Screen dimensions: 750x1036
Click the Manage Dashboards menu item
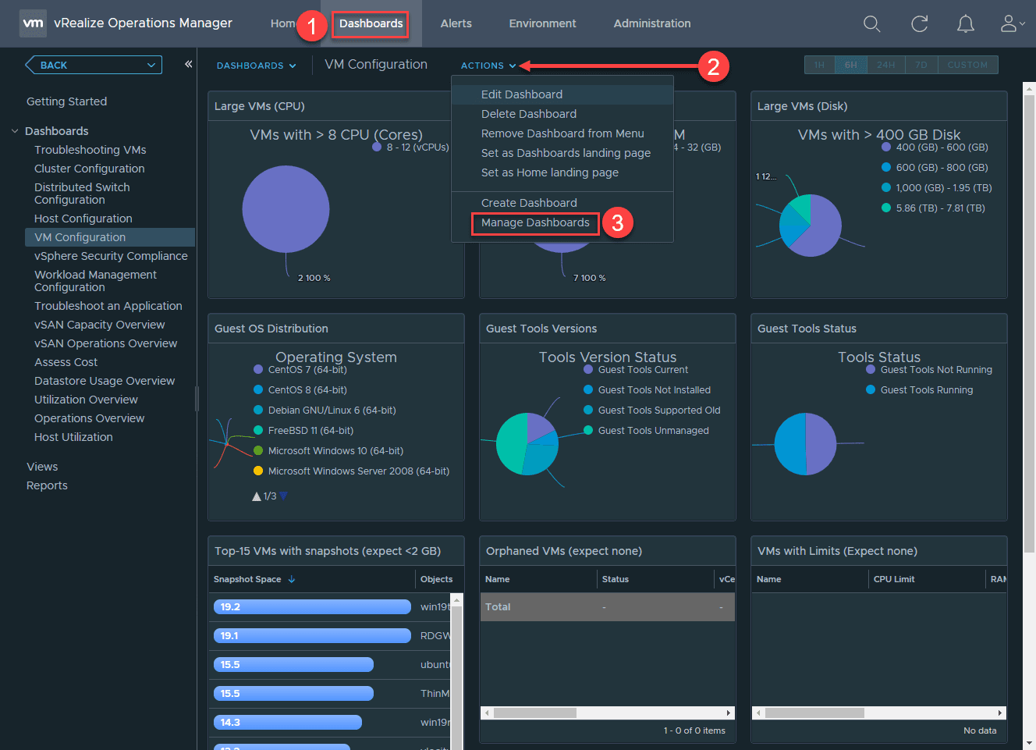click(535, 223)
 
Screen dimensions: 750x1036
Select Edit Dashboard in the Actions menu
click(521, 94)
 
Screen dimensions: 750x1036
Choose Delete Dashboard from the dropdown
click(528, 114)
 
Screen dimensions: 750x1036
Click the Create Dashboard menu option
click(529, 203)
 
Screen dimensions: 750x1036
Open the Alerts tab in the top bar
click(456, 23)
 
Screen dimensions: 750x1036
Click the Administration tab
click(651, 23)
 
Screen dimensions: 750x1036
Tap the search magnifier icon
click(871, 24)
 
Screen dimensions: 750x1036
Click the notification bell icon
click(965, 24)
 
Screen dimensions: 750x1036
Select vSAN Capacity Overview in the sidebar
click(99, 325)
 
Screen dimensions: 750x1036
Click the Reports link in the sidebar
click(47, 485)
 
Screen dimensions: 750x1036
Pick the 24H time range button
click(885, 65)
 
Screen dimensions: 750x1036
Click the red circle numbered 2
click(713, 66)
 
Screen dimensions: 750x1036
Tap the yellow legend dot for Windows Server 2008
click(258, 471)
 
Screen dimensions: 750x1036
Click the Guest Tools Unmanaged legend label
click(653, 431)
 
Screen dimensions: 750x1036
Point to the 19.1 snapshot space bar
click(312, 636)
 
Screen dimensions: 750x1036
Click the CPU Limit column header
click(894, 579)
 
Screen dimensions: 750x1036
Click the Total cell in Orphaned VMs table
click(498, 607)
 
